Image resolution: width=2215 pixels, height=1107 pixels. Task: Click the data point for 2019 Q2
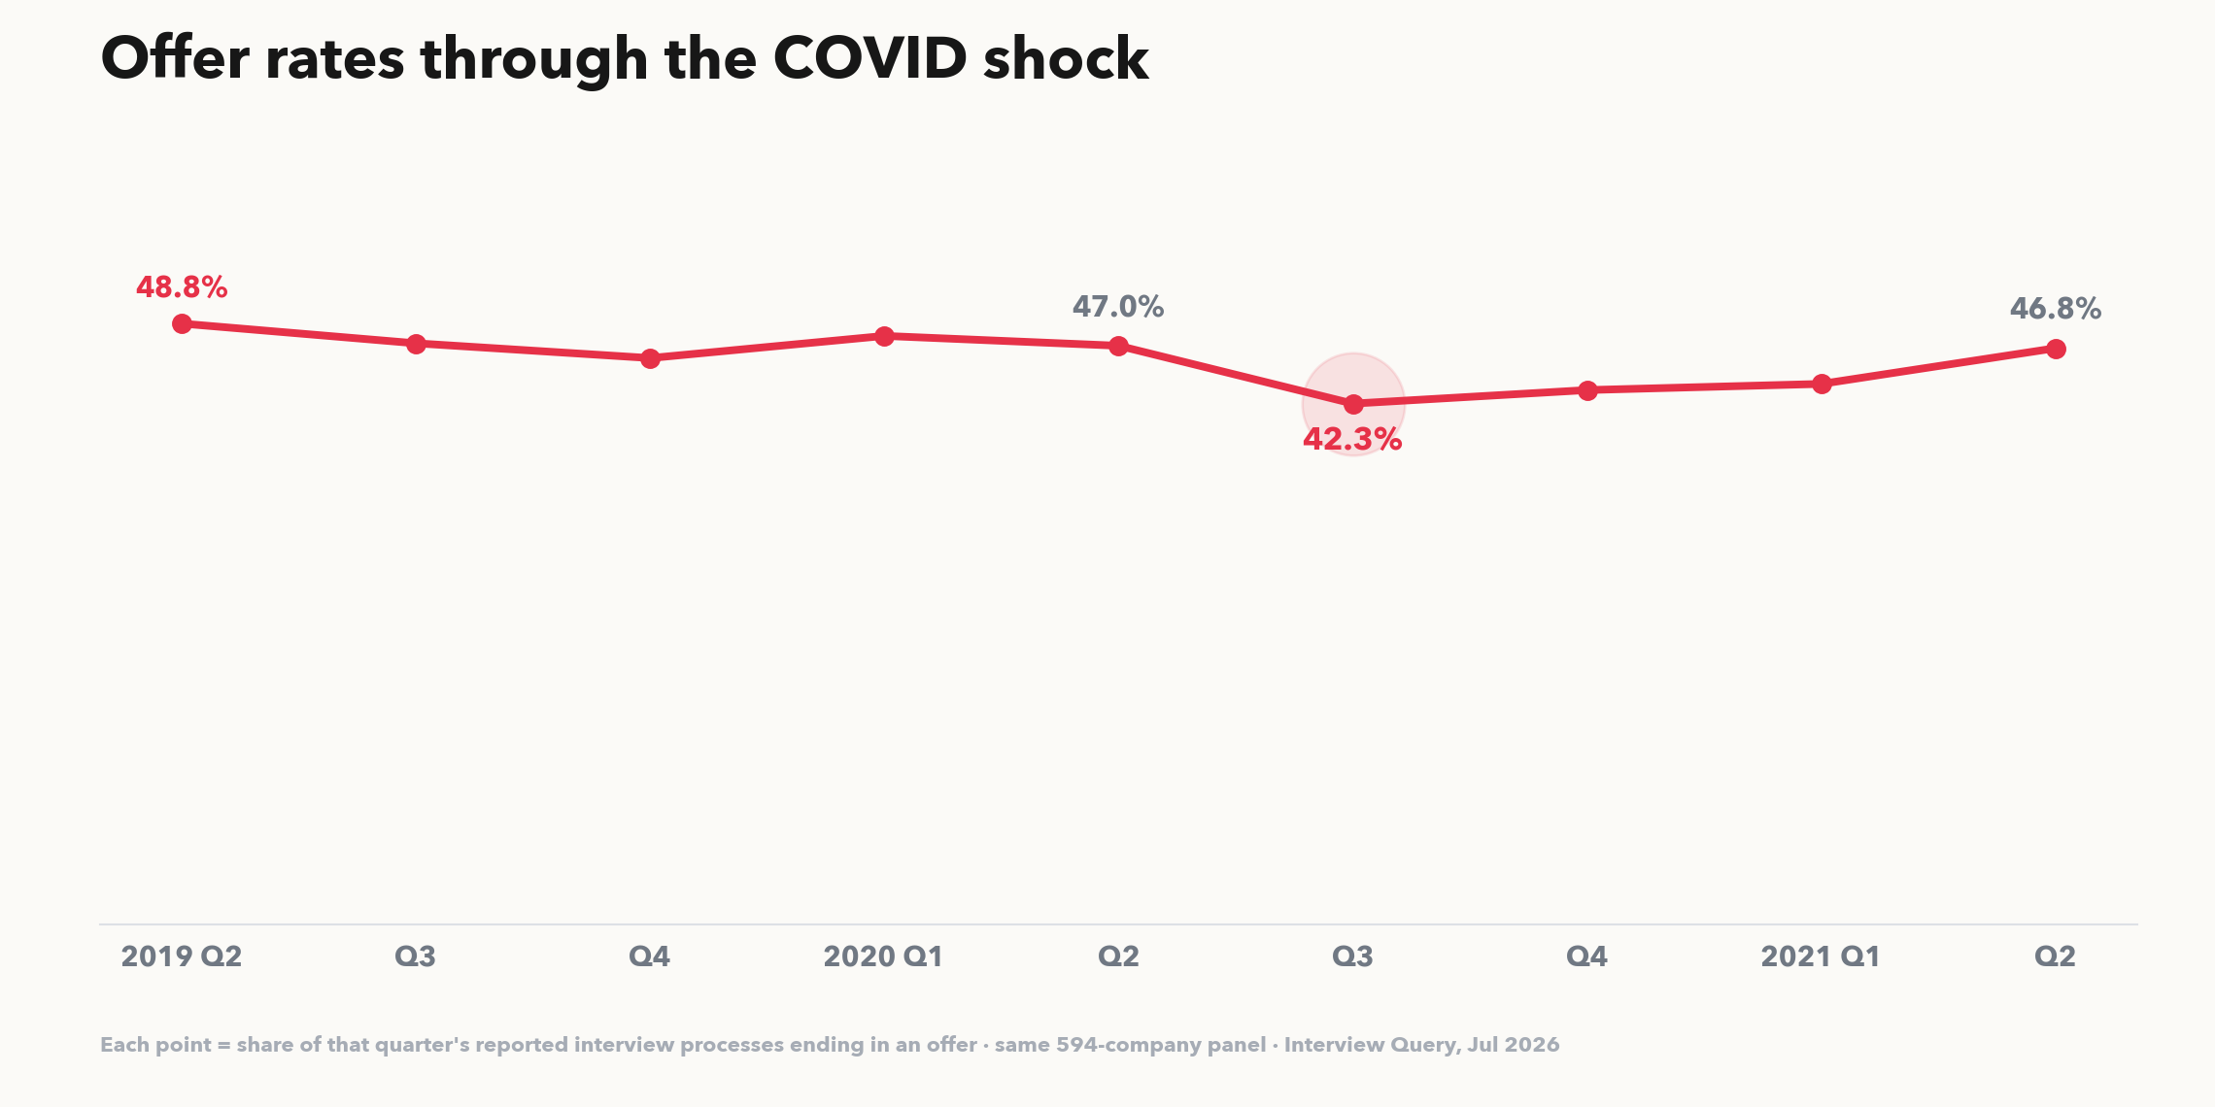tap(182, 323)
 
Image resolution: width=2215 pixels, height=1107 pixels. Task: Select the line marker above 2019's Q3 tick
tap(416, 344)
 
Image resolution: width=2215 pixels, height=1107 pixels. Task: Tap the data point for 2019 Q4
tap(650, 358)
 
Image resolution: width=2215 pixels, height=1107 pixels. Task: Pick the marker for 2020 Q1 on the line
tap(884, 336)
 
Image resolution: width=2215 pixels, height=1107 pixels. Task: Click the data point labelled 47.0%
tap(1118, 346)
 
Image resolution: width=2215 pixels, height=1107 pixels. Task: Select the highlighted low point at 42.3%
tap(1353, 403)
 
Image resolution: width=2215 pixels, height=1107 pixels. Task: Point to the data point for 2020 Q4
tap(1587, 390)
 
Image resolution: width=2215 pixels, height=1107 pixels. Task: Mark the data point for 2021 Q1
tap(1822, 385)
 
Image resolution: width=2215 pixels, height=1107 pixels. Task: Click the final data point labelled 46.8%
tap(2056, 349)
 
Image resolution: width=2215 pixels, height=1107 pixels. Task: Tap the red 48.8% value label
tap(182, 287)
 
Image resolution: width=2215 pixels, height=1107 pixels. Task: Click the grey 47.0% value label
tap(1118, 307)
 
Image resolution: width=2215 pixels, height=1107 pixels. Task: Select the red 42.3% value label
tap(1352, 440)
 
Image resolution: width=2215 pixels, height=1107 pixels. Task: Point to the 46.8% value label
tap(2056, 309)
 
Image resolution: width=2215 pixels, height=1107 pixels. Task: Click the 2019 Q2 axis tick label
tap(182, 956)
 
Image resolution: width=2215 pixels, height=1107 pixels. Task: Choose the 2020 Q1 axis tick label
tap(884, 956)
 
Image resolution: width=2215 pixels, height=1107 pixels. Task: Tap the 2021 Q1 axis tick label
tap(1821, 956)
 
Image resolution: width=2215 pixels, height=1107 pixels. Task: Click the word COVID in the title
tap(870, 58)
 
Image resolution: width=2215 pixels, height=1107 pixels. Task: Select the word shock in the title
tap(1066, 58)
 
